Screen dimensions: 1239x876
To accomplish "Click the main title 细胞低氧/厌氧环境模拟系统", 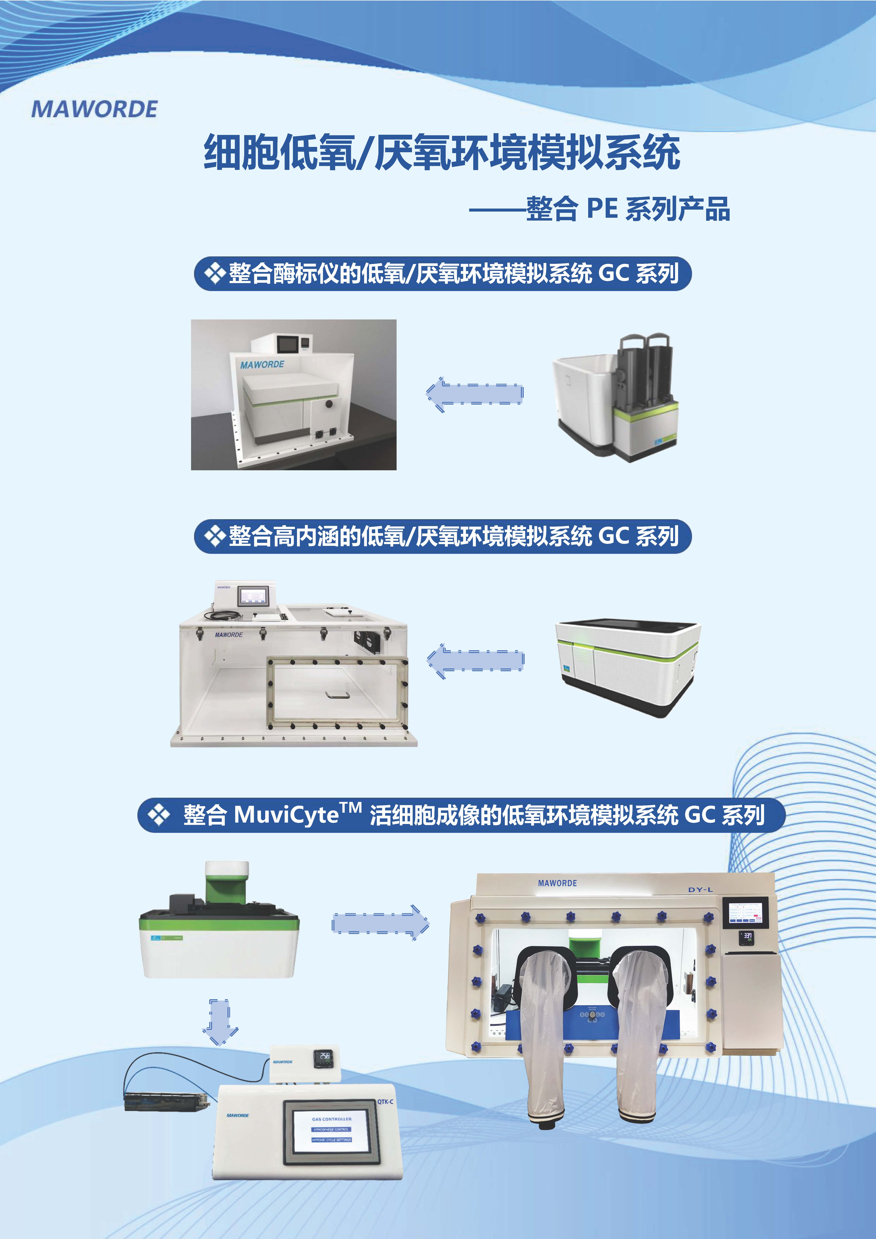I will pyautogui.click(x=441, y=153).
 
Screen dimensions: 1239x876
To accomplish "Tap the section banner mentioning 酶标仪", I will pyautogui.click(x=443, y=274).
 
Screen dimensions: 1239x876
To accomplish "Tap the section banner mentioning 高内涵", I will pyautogui.click(x=443, y=536).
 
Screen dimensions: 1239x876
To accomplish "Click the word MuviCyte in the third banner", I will pyautogui.click(x=286, y=815).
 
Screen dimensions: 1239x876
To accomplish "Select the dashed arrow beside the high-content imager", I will pyautogui.click(x=475, y=660).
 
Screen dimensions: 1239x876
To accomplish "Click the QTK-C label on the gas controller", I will pyautogui.click(x=385, y=1101).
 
